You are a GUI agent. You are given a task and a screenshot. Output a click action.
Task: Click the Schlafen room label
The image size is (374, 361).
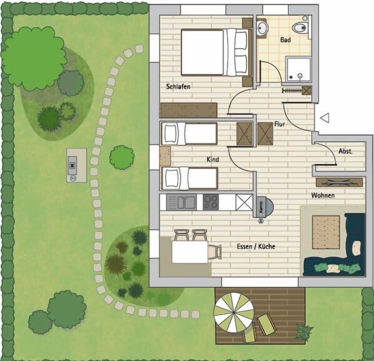[178, 86]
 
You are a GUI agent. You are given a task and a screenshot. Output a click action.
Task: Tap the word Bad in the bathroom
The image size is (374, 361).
[285, 40]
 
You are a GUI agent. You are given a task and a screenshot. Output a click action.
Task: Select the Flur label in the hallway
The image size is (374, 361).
[279, 124]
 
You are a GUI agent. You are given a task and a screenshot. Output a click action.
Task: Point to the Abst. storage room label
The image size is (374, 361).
[346, 151]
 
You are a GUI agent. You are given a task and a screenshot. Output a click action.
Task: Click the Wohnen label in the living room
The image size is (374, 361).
[323, 195]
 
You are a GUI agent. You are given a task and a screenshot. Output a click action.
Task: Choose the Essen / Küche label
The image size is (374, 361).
[256, 246]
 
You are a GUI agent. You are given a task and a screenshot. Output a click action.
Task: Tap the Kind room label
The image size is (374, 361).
[213, 159]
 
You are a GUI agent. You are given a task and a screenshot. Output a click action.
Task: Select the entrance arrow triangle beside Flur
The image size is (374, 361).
[325, 118]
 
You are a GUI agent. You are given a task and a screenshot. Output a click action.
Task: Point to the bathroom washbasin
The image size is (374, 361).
[263, 28]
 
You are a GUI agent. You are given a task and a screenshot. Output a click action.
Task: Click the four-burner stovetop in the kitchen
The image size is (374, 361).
[211, 202]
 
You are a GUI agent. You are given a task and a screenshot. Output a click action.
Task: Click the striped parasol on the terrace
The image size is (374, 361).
[234, 312]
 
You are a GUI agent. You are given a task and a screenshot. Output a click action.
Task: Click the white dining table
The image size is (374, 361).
[190, 252]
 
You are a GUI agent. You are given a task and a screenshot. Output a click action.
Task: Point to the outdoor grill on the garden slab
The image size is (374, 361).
[72, 165]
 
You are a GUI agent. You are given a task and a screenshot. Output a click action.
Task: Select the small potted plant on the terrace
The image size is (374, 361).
[304, 331]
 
